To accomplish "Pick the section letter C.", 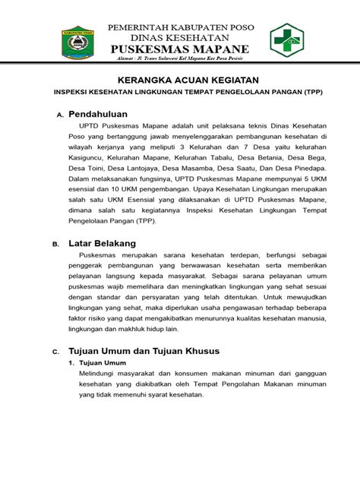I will [x=55, y=353].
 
